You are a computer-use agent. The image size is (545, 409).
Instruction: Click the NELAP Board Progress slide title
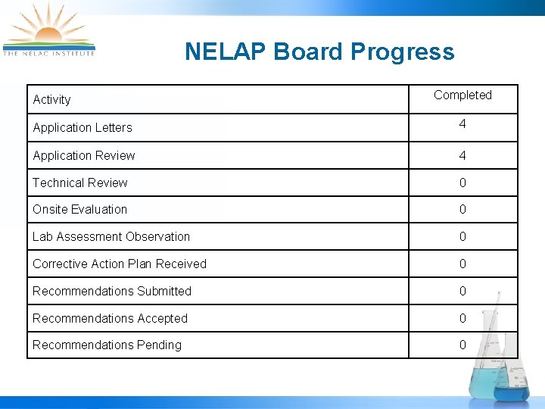point(319,52)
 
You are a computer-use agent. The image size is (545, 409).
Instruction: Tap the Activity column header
point(51,99)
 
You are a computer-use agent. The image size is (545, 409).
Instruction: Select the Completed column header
point(462,95)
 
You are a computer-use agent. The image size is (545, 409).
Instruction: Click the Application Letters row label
point(83,127)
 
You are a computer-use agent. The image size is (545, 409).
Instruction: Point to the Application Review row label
point(83,155)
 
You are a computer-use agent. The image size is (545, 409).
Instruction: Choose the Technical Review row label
point(79,183)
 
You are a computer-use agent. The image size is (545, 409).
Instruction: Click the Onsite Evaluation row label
point(79,209)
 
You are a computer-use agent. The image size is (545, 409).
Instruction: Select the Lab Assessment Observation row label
point(111,236)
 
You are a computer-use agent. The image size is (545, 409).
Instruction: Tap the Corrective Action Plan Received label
point(120,264)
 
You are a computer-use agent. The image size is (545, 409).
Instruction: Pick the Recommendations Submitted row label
point(112,291)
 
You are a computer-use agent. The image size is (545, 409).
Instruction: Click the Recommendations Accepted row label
point(110,318)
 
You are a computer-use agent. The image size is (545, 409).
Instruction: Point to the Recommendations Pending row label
point(107,345)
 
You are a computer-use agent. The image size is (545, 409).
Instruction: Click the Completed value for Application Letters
point(462,123)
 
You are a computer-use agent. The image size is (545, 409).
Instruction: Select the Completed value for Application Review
point(462,155)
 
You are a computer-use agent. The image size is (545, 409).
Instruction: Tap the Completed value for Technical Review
point(462,183)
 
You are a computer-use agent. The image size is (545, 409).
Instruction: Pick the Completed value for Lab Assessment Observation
point(462,236)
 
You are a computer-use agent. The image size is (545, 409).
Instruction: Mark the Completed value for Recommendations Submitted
point(462,291)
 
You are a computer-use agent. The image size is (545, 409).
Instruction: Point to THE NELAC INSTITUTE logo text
point(49,53)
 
